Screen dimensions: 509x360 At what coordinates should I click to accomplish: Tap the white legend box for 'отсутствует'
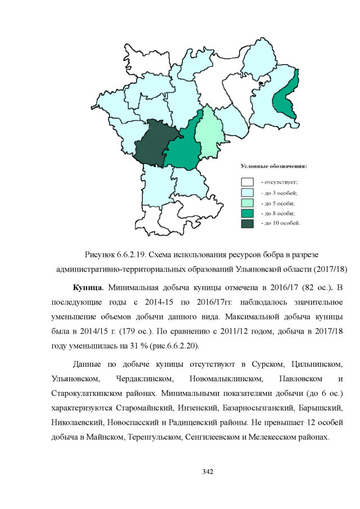tap(247, 182)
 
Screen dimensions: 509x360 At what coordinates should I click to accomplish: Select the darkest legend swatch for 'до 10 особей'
tap(247, 223)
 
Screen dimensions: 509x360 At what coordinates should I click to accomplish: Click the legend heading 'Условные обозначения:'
tap(274, 166)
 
